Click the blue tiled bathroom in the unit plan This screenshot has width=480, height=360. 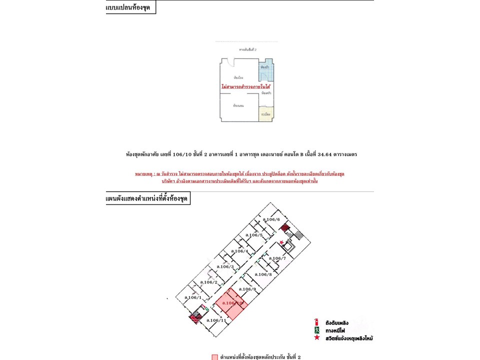pyautogui.click(x=266, y=70)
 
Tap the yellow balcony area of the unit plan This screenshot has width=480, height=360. pyautogui.click(x=266, y=114)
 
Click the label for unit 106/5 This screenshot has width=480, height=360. pyautogui.click(x=254, y=235)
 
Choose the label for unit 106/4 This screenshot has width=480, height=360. pyautogui.click(x=239, y=251)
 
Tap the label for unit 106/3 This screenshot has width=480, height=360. pyautogui.click(x=225, y=266)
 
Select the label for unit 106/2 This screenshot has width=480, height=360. pyautogui.click(x=208, y=282)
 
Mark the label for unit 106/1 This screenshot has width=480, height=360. pyautogui.click(x=192, y=297)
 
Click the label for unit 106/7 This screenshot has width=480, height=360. pyautogui.click(x=277, y=258)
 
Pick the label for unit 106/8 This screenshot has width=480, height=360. pyautogui.click(x=263, y=274)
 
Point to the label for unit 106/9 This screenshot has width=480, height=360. pyautogui.click(x=247, y=289)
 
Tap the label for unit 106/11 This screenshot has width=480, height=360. pyautogui.click(x=215, y=320)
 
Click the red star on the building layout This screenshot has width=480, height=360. pyautogui.click(x=282, y=242)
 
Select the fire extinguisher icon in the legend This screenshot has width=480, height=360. pyautogui.click(x=316, y=322)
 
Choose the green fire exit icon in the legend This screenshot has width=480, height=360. pyautogui.click(x=316, y=330)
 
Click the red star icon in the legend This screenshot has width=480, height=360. pyautogui.click(x=316, y=338)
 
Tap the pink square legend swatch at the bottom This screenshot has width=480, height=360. pyautogui.click(x=214, y=357)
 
